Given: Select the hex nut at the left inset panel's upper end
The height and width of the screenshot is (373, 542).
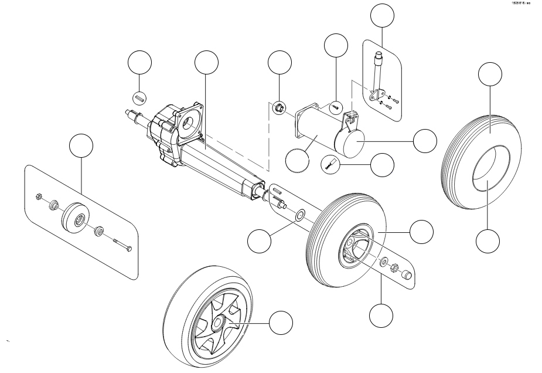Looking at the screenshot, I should (38, 195).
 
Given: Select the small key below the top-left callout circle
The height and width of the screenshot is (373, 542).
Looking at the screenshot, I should (140, 97).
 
